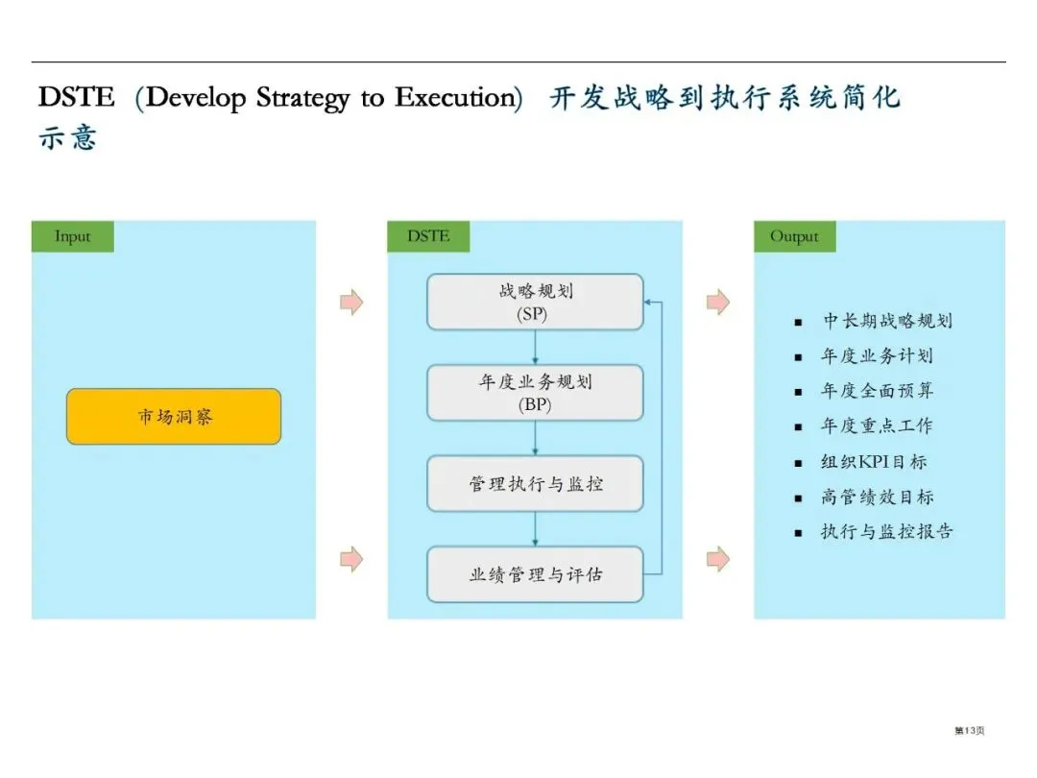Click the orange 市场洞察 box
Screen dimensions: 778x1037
(174, 416)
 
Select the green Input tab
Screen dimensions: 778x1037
(73, 236)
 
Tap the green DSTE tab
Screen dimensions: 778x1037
(428, 236)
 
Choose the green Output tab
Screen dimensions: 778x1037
(794, 236)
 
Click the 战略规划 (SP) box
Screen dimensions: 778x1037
(535, 302)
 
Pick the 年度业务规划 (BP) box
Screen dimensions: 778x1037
(535, 392)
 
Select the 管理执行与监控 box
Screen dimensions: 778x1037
(535, 483)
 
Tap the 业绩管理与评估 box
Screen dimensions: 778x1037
(535, 574)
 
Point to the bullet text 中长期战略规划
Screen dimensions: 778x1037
(887, 321)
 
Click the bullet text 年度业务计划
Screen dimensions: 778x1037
(877, 356)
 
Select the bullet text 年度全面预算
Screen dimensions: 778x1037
(877, 391)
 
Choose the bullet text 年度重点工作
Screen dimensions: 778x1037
(877, 426)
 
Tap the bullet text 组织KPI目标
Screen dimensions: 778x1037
(874, 462)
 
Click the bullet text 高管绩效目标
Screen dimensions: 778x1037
(877, 497)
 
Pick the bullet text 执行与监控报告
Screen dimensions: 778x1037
(887, 531)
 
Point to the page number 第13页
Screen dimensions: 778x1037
(969, 731)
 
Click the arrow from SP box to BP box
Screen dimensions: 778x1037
(535, 347)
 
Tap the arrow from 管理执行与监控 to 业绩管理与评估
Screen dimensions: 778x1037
(535, 528)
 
